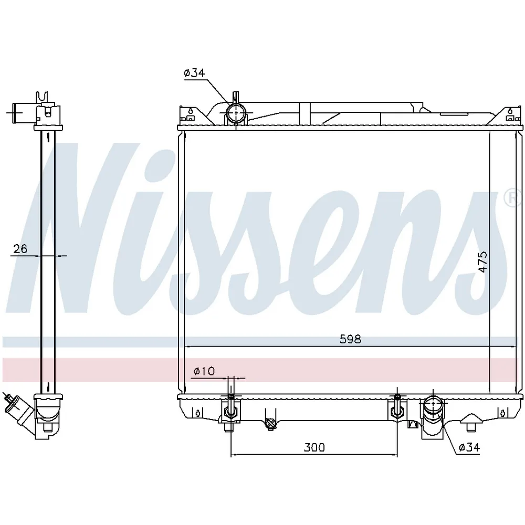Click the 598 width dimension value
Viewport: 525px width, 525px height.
pyautogui.click(x=350, y=339)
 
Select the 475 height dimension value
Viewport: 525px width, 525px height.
pyautogui.click(x=483, y=261)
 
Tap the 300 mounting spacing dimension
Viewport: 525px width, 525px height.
pyautogui.click(x=314, y=447)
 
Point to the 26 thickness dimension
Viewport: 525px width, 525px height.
pyautogui.click(x=20, y=249)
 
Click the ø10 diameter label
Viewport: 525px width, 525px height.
pyautogui.click(x=204, y=371)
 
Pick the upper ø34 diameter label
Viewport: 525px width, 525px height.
pyautogui.click(x=194, y=73)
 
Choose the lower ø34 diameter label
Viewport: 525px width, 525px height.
pyautogui.click(x=469, y=447)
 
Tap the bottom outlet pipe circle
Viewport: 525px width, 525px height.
pyautogui.click(x=433, y=405)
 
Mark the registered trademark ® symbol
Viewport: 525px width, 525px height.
pyautogui.click(x=510, y=197)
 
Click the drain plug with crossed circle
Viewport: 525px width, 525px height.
pyautogui.click(x=270, y=423)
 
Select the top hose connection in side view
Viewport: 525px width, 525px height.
pyautogui.click(x=26, y=112)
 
